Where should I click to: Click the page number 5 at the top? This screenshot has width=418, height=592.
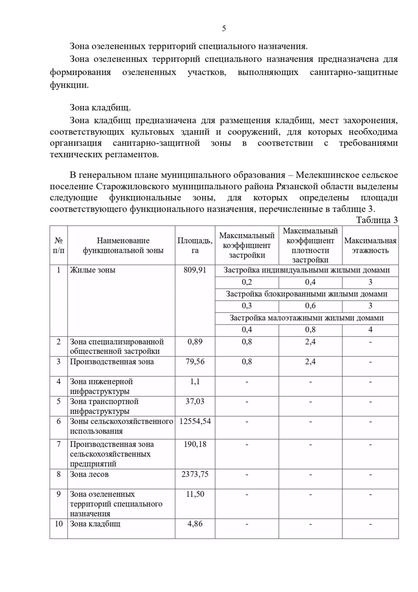pyautogui.click(x=224, y=29)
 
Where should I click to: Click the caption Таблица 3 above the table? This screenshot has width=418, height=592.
pyautogui.click(x=377, y=220)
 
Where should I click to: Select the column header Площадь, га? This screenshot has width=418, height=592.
pyautogui.click(x=195, y=245)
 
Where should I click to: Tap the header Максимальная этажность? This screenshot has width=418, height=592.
pyautogui.click(x=370, y=245)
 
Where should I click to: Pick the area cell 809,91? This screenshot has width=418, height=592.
pyautogui.click(x=195, y=270)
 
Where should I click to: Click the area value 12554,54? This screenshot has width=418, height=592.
pyautogui.click(x=195, y=421)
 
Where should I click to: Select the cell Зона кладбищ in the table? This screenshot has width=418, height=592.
pyautogui.click(x=95, y=524)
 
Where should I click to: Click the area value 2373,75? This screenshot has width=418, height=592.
pyautogui.click(x=195, y=474)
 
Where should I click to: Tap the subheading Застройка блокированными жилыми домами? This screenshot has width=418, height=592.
pyautogui.click(x=307, y=294)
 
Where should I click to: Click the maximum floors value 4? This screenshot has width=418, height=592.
pyautogui.click(x=370, y=329)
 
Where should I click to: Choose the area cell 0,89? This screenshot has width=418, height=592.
pyautogui.click(x=195, y=342)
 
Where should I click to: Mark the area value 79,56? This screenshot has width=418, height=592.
pyautogui.click(x=195, y=362)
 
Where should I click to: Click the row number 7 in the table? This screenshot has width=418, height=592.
pyautogui.click(x=59, y=444)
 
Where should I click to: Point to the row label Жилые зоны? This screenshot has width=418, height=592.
pyautogui.click(x=92, y=270)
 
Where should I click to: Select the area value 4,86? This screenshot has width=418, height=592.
pyautogui.click(x=195, y=524)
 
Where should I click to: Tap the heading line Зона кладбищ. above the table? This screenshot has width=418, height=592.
pyautogui.click(x=100, y=108)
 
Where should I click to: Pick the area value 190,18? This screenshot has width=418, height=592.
pyautogui.click(x=195, y=444)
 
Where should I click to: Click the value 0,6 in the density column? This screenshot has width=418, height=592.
pyautogui.click(x=310, y=306)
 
